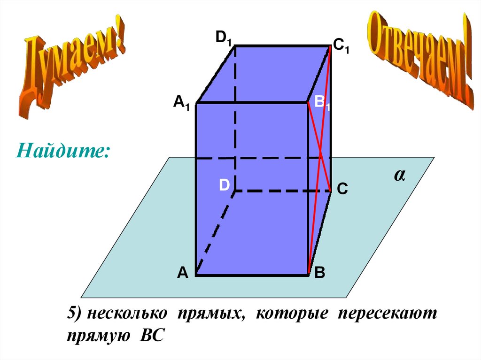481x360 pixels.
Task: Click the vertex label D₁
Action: [224, 38]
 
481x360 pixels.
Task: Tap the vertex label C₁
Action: [341, 46]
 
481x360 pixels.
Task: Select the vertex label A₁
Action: [181, 102]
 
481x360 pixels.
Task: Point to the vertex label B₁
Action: [322, 103]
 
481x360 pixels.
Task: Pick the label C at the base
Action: [342, 189]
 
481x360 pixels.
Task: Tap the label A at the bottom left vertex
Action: [183, 272]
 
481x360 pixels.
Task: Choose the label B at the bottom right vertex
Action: [320, 273]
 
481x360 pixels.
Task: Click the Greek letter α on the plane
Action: [400, 176]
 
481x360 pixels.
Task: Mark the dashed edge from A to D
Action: [215, 233]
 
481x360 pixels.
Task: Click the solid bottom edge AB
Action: [252, 276]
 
